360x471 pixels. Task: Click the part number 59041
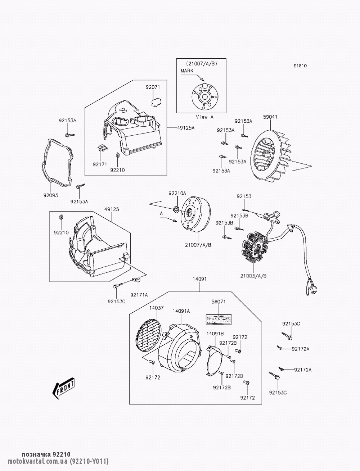coord(270,117)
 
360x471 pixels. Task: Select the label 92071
coord(153,87)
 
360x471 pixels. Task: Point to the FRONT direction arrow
coord(64,388)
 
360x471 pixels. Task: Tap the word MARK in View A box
coord(187,71)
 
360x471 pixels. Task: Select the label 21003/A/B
coord(254,276)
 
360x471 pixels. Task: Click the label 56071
coord(219,302)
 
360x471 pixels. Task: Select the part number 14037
coord(157,308)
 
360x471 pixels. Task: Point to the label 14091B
coord(215,333)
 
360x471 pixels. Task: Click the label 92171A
coord(139,294)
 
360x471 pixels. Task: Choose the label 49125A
coord(185,128)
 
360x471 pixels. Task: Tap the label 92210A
coord(177,193)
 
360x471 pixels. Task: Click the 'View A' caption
coord(204,117)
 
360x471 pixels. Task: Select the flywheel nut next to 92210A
coord(177,209)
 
